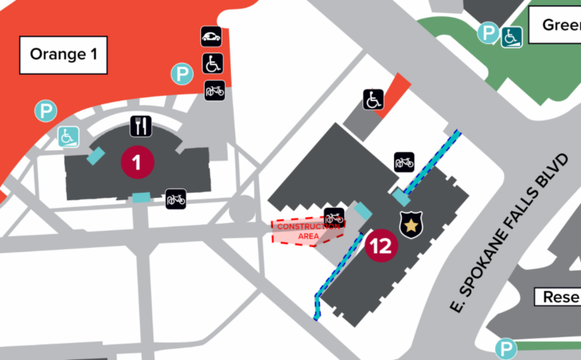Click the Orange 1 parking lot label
[65, 54]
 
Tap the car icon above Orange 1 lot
[211, 37]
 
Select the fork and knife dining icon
[141, 126]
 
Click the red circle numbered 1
[138, 161]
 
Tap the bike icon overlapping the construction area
[334, 217]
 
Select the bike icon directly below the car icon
[214, 91]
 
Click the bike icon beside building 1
[175, 199]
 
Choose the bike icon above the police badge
[404, 161]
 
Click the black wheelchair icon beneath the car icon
[213, 64]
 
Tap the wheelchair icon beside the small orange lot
[373, 99]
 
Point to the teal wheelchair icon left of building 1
[68, 136]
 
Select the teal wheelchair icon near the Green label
[511, 37]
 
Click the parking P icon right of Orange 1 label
[182, 73]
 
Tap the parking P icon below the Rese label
[505, 349]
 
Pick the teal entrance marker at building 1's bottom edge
[141, 196]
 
